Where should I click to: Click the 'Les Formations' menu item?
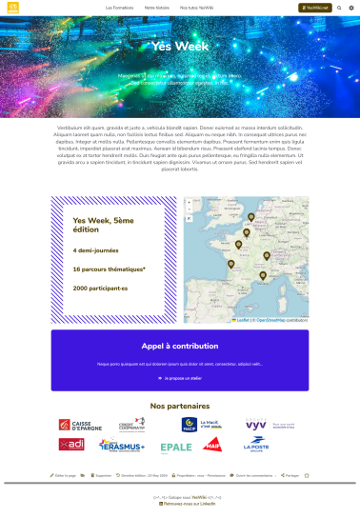pos(119,7)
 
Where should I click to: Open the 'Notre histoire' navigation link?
pos(158,7)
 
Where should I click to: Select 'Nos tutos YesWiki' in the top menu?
pos(196,7)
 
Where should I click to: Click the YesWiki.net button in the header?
pos(312,7)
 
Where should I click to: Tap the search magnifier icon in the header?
pos(339,7)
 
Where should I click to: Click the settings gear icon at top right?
pos(350,7)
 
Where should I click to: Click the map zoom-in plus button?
pos(189,202)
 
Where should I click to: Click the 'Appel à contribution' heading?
pos(180,347)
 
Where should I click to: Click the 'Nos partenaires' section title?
pos(180,405)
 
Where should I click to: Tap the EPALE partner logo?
pos(176,446)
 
